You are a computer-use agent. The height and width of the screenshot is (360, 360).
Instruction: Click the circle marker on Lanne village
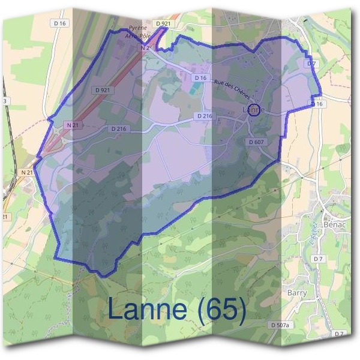click(254, 110)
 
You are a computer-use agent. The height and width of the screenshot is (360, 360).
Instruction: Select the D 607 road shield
click(255, 142)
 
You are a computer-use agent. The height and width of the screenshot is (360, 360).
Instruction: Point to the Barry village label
click(298, 292)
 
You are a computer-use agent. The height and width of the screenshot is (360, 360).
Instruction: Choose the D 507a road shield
click(280, 325)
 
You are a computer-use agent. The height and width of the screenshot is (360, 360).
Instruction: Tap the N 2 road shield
click(145, 47)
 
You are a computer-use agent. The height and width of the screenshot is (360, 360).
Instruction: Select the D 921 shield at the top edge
click(163, 23)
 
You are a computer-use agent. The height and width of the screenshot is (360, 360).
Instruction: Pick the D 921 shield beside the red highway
click(103, 89)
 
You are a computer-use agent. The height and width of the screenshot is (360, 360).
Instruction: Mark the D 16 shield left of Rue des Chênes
click(200, 78)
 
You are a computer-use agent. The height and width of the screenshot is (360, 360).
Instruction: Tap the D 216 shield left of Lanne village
click(205, 116)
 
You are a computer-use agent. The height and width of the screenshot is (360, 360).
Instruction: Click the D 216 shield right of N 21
click(119, 128)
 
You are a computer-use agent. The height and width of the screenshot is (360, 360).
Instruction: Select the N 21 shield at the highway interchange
click(73, 124)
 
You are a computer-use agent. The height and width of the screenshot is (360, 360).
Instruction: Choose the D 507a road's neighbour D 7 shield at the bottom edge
click(340, 333)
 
